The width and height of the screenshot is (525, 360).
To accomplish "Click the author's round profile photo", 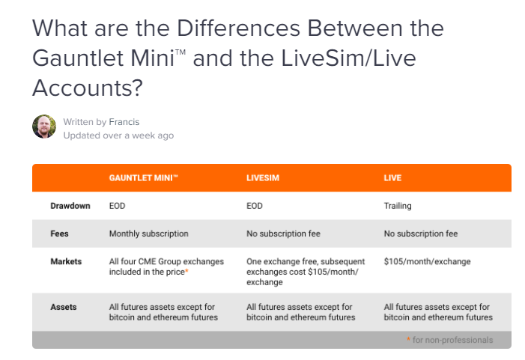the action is pos(44,126).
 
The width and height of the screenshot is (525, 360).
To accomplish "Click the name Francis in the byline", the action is pos(124,122).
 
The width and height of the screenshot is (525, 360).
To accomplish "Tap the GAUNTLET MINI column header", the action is pos(143,177).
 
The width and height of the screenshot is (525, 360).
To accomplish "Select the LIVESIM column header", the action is pos(263,177).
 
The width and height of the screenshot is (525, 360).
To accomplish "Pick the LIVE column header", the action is pos(392,177).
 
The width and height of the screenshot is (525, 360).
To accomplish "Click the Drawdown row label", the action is pos(70,206).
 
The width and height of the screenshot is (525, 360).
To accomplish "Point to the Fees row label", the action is pos(59,234).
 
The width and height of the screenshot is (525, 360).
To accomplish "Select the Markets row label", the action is pos(66,261).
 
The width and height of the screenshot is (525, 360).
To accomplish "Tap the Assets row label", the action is pos(64,307).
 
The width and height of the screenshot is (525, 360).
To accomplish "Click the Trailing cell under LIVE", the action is pos(398,206).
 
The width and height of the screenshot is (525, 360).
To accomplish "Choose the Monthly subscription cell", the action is pos(148,234).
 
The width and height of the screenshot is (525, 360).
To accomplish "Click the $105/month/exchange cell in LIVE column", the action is pos(427,261).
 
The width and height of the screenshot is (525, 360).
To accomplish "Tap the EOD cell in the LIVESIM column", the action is pos(255,206).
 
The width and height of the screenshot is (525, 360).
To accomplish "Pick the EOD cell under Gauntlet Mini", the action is pos(117,206).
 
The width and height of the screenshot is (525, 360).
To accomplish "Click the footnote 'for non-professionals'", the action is pos(452,340).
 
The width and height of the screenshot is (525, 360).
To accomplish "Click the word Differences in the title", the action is pos(238,28).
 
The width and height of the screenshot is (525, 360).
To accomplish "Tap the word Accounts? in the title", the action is pos(88,88).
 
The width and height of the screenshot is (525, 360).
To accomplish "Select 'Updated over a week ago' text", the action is pos(118,135).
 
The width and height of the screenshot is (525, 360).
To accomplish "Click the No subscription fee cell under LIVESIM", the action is pos(283,234).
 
